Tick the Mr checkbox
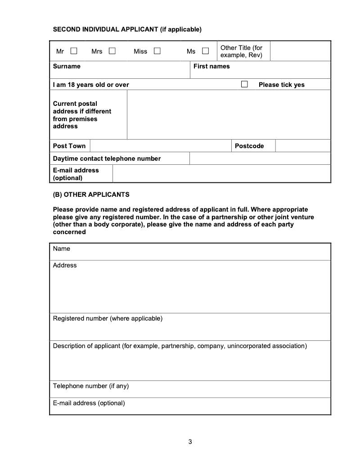pos(74,51)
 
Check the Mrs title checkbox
pos(112,51)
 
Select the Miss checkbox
pos(157,51)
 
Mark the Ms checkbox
pos(205,51)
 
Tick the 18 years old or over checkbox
pos(244,84)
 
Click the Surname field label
pos(67,66)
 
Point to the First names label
pos(211,66)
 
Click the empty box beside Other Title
pos(300,51)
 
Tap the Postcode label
pos(249,146)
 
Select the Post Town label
pos(69,146)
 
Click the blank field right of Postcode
pos(302,146)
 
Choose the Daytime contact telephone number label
pos(107,158)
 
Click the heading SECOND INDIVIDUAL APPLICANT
pos(127,30)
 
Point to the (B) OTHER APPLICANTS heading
pos(91,195)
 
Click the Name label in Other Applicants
pos(62,249)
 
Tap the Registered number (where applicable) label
pos(108,318)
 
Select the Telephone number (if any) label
pos(91,386)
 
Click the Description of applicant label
pos(180,346)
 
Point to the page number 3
pos(190,442)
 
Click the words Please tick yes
pos(281,85)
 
